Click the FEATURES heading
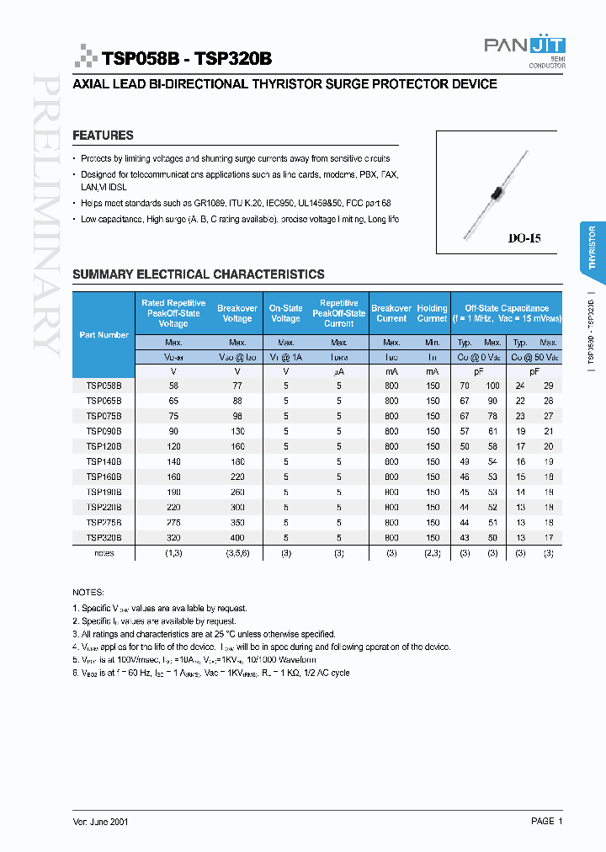point(103,136)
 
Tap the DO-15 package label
point(524,238)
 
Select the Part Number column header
point(104,335)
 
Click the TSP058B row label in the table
point(104,386)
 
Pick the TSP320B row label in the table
point(104,537)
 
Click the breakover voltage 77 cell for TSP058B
point(237,386)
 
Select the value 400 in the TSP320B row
point(237,537)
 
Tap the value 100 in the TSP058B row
point(492,386)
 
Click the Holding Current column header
point(432,313)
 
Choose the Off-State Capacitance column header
point(501,313)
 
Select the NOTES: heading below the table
point(88,593)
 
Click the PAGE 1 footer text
point(546,821)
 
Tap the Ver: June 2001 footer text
point(100,821)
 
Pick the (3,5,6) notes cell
point(237,553)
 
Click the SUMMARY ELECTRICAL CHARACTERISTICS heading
point(199,274)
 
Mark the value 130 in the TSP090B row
point(237,431)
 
